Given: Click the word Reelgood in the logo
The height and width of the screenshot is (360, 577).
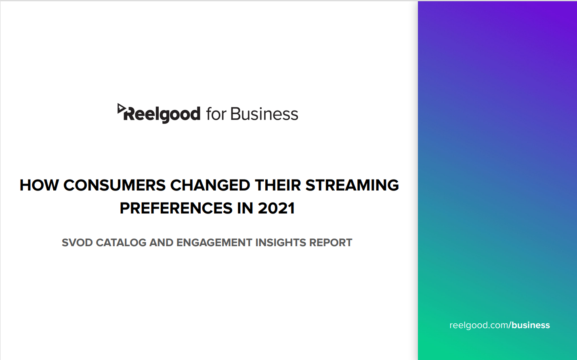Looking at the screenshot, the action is coord(162,114).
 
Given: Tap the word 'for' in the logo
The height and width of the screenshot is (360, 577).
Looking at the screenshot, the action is coord(216,114).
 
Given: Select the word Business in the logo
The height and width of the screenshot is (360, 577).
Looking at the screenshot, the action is coord(264,114).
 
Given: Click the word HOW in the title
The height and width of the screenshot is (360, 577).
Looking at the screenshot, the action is coord(39,185).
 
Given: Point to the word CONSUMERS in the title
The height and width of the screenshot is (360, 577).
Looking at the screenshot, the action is coord(114,185).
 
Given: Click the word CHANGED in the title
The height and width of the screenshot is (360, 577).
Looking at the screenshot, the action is coord(210,185).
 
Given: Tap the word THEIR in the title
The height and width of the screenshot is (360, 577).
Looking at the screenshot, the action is coord(278,185).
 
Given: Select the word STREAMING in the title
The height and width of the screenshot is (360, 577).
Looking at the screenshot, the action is coord(352,185).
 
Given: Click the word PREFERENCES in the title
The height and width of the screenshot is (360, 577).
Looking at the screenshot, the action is coord(176,208).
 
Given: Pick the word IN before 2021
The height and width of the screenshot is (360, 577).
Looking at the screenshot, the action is coord(245,208).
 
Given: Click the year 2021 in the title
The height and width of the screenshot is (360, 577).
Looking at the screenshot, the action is coord(276,208).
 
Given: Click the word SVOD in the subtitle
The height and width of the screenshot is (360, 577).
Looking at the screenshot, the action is coord(77,243).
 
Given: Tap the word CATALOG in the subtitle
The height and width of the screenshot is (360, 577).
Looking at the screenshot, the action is coord(121,243).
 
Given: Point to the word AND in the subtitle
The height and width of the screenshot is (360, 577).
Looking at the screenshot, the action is coord(161,243).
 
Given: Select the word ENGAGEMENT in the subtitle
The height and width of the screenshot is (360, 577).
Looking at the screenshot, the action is coord(214,243).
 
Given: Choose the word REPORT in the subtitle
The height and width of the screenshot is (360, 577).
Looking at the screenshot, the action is coord(330,243).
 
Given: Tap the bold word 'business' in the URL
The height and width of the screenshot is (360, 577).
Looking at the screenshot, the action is coord(531,325).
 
